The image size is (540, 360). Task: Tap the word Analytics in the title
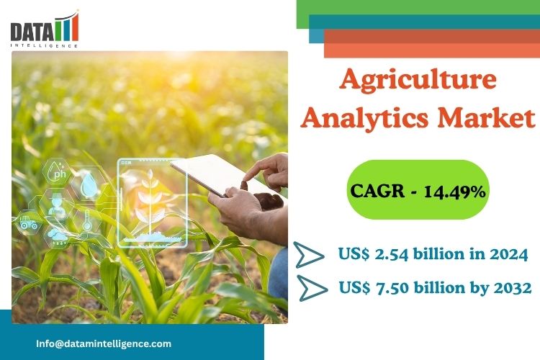364,118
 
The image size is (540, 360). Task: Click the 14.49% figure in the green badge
454,191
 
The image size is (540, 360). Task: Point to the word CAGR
377,191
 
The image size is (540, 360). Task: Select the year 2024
508,254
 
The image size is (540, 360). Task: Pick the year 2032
513,287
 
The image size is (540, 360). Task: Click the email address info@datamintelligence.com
104,343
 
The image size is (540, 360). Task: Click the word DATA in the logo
32,32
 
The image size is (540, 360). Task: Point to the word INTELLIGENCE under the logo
44,45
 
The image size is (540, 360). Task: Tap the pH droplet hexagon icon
57,171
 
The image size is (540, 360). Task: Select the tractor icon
28,222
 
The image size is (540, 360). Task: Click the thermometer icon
86,220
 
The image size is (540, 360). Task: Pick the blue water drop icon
89,184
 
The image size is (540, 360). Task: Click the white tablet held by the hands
223,176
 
